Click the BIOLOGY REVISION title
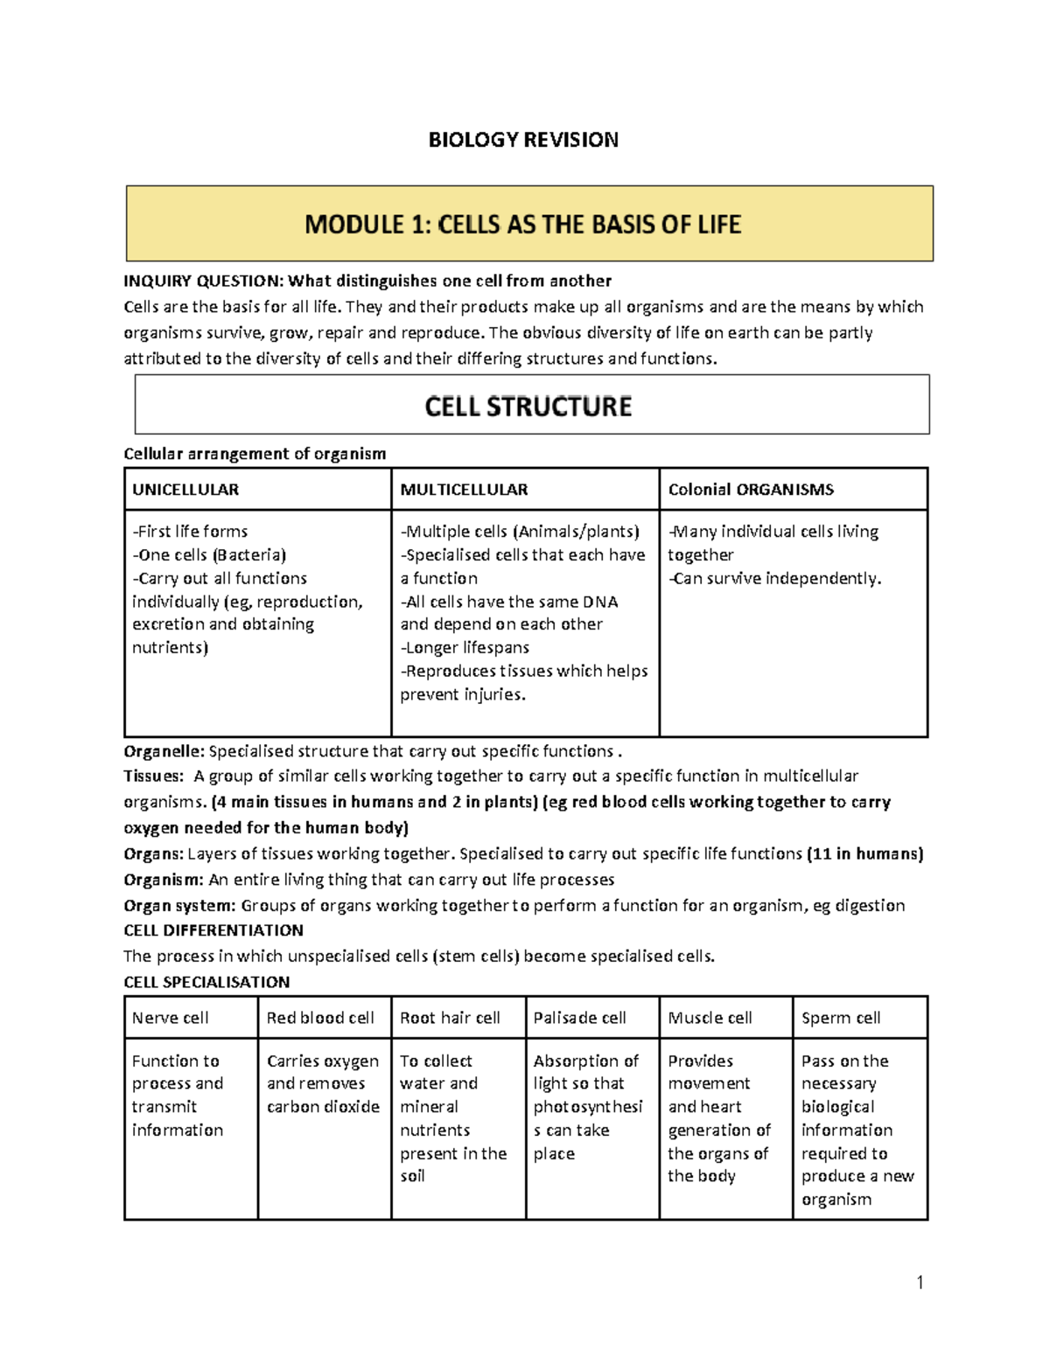[x=523, y=140]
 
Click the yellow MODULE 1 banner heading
[x=523, y=225]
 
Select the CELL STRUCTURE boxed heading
[x=528, y=407]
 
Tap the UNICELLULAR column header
[x=185, y=490]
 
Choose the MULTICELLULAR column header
[x=464, y=490]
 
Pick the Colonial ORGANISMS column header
[x=751, y=490]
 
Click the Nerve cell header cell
[x=171, y=1018]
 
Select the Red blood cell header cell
[x=320, y=1018]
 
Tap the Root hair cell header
[x=450, y=1018]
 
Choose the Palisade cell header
[x=580, y=1018]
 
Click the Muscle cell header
[x=710, y=1018]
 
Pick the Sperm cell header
[x=841, y=1018]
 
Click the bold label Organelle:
[x=164, y=751]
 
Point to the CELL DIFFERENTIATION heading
[x=213, y=930]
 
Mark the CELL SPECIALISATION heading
[x=206, y=982]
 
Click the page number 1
[x=920, y=1283]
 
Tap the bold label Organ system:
[x=179, y=905]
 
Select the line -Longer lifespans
[x=465, y=648]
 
